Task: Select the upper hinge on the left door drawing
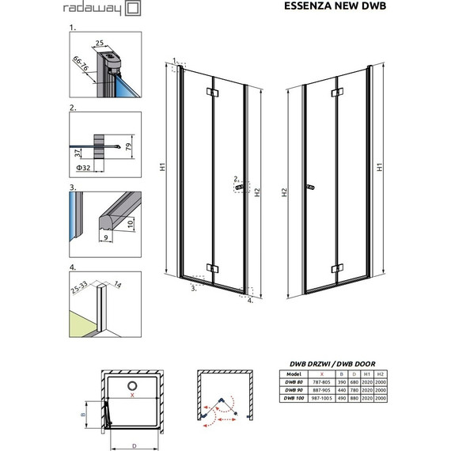tap(209, 92)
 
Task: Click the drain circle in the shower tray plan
tap(132, 385)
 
